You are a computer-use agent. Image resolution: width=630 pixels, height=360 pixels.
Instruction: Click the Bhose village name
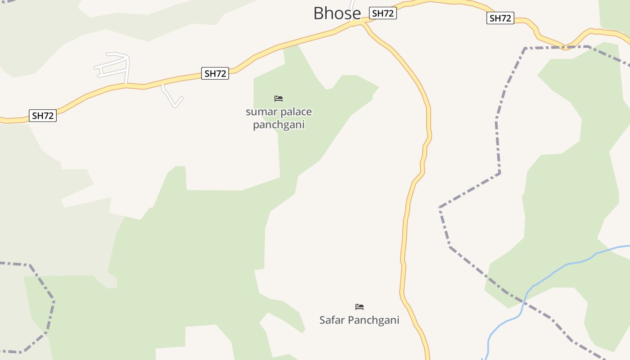[337, 13]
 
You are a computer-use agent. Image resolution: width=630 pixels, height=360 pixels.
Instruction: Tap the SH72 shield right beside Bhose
[382, 13]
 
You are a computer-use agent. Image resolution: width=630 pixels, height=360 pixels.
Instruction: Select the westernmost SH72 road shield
[43, 116]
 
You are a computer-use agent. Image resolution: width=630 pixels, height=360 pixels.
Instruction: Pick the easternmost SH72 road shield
[500, 18]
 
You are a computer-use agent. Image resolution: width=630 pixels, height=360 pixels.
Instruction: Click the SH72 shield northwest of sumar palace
[216, 73]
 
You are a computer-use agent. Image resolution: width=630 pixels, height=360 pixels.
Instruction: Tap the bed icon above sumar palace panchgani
[279, 98]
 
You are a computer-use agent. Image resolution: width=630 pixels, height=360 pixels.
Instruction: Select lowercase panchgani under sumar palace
[279, 124]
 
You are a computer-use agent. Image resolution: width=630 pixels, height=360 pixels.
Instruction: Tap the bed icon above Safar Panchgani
[359, 307]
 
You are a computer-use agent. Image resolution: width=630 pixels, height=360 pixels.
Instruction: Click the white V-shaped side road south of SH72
[173, 102]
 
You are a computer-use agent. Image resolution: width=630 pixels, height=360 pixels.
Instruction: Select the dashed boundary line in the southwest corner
[49, 310]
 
